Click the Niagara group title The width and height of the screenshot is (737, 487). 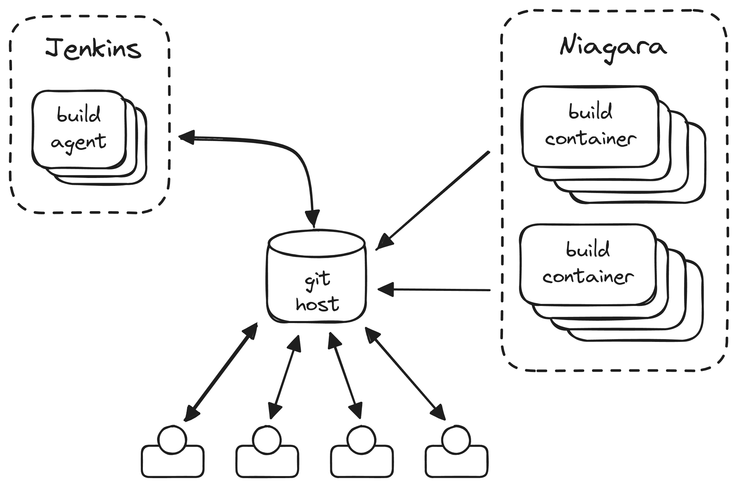(x=613, y=48)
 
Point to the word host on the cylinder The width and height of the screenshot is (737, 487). (x=317, y=304)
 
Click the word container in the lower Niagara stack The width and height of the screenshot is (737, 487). (x=588, y=277)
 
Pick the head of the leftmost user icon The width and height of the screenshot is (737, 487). (x=173, y=440)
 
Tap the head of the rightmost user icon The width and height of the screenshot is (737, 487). (x=456, y=440)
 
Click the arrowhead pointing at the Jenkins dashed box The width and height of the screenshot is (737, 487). (x=187, y=137)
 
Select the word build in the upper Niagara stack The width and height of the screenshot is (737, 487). (x=590, y=112)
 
